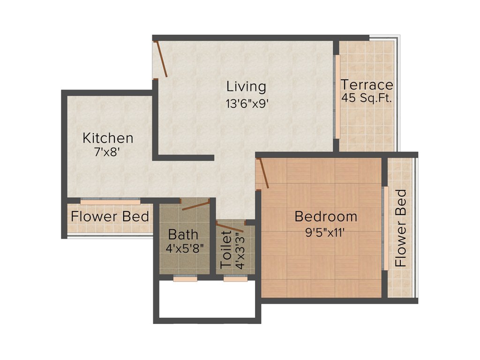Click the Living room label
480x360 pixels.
(246, 87)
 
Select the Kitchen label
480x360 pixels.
(108, 138)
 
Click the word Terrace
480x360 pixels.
(367, 85)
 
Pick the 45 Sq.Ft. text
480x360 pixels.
(367, 99)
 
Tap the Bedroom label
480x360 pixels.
(326, 217)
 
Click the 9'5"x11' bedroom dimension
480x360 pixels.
(326, 233)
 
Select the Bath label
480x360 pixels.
(183, 234)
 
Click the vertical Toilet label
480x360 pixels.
(226, 249)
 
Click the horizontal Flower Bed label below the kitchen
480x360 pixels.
(110, 217)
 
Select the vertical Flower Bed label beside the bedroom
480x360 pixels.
(401, 228)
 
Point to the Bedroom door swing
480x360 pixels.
(263, 173)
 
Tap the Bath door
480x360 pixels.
(195, 205)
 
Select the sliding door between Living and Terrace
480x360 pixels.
(337, 97)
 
